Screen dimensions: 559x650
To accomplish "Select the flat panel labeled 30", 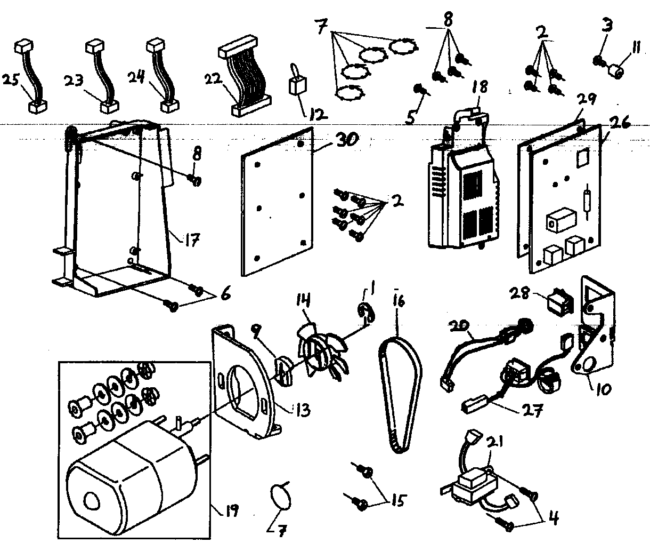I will pyautogui.click(x=277, y=203).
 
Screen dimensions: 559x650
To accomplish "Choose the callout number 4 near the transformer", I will pyautogui.click(x=554, y=518).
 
